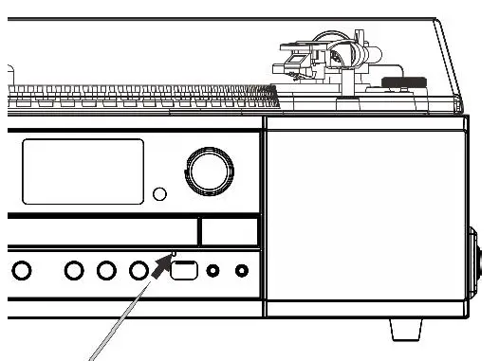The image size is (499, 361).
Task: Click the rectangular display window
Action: pyautogui.click(x=83, y=171)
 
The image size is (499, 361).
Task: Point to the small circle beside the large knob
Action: pyautogui.click(x=160, y=195)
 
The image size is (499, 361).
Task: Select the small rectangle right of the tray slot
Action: pyautogui.click(x=229, y=230)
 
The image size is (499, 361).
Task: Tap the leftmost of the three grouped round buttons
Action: pyautogui.click(x=74, y=271)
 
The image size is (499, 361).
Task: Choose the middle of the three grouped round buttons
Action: pyautogui.click(x=106, y=271)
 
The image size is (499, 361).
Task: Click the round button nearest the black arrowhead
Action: pyautogui.click(x=139, y=271)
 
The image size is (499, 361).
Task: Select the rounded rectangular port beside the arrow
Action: pyautogui.click(x=183, y=271)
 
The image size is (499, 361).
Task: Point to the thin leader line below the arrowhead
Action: pyautogui.click(x=119, y=326)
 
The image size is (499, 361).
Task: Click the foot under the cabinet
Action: pyautogui.click(x=407, y=329)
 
